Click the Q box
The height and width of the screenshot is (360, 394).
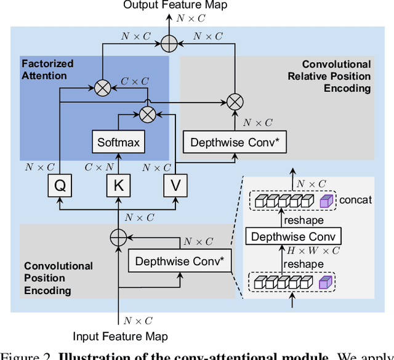point(59,185)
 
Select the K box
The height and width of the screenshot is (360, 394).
point(118,185)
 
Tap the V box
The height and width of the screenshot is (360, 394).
point(175,185)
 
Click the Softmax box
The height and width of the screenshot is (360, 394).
point(118,142)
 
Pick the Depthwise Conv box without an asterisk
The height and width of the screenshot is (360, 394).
point(293,237)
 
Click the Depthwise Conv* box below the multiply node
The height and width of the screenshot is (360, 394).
point(235,142)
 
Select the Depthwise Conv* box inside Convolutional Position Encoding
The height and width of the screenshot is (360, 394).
point(180,262)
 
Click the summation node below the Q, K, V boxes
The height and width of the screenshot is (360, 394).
point(118,237)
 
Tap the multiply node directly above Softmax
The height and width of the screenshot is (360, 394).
point(147,113)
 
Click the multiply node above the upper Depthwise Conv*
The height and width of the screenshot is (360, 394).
point(235,100)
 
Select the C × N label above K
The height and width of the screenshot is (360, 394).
point(99,167)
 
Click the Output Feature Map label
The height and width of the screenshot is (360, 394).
point(175,5)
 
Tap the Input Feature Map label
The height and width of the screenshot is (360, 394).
point(120,336)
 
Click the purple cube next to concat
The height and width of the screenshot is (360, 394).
point(326,201)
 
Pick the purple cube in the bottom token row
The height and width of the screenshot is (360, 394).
point(326,282)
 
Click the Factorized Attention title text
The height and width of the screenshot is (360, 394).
point(47,70)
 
